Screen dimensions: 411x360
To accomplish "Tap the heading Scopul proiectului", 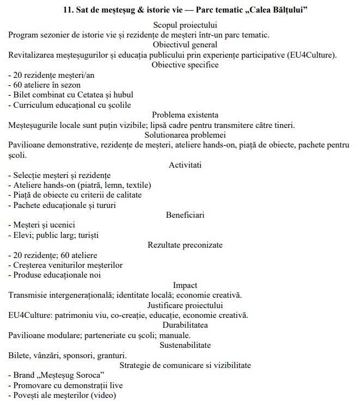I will click(185, 26).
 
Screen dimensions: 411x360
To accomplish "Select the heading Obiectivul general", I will click(185, 45).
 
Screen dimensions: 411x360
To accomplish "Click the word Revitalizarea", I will click(34, 55).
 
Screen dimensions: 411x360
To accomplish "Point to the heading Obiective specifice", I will click(185, 65).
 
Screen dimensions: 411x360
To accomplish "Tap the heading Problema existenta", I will click(185, 115).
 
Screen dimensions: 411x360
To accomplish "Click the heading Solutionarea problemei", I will click(185, 134).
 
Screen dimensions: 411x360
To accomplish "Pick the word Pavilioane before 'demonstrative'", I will click(29, 145).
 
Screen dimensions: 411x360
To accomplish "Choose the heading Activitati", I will click(185, 165).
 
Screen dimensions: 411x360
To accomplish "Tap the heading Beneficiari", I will click(185, 215).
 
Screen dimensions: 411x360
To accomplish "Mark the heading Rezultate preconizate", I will click(185, 245).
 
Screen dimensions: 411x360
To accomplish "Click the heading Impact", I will click(185, 285).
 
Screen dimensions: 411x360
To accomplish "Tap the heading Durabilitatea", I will click(185, 325).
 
